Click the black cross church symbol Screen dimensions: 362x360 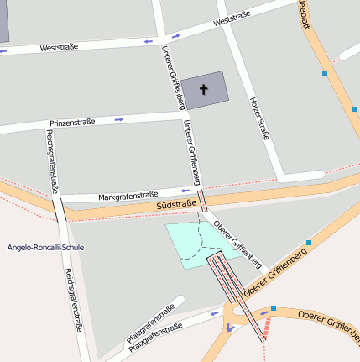click(204, 89)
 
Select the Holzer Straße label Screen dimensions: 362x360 click(259, 118)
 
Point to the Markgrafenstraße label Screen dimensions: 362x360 click(128, 195)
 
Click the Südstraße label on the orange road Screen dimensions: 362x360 click(176, 204)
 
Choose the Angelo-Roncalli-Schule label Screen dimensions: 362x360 click(45, 248)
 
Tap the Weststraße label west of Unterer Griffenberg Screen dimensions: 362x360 click(59, 47)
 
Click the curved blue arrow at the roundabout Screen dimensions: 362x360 click(227, 328)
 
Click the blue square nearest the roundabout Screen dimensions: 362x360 click(274, 308)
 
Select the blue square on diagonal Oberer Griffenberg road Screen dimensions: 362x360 click(309, 243)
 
